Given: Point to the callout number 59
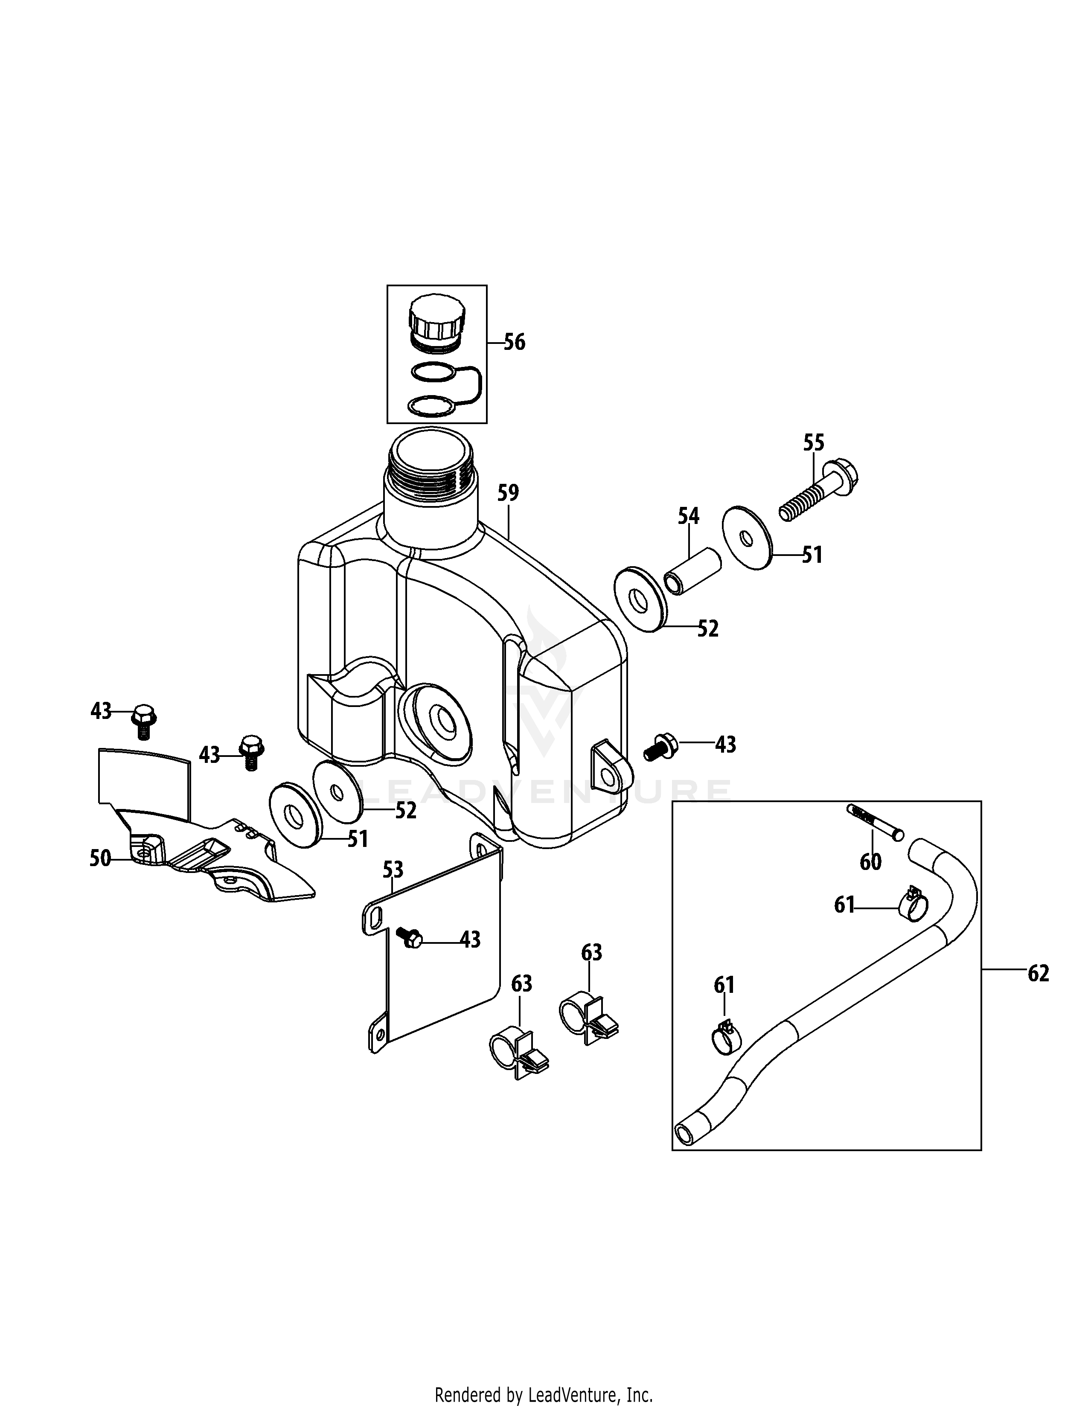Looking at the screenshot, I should [x=508, y=493].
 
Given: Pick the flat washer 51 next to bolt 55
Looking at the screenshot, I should [x=747, y=538].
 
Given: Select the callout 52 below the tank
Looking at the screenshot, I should [x=405, y=810].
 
